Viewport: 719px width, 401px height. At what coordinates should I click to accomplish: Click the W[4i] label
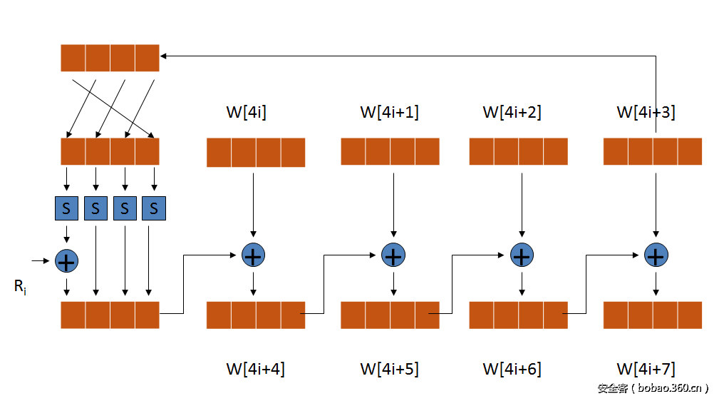pos(247,112)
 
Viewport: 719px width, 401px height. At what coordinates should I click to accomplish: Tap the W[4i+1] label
pos(389,112)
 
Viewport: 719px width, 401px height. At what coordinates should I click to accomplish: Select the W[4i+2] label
pos(512,112)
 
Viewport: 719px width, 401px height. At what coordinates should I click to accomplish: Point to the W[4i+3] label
pos(646,112)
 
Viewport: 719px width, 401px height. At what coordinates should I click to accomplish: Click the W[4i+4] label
pos(256,369)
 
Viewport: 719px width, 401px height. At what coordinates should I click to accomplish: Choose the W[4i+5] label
pos(389,369)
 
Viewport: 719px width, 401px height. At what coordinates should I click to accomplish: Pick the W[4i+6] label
pos(512,369)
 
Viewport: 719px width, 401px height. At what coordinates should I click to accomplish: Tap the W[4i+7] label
pos(646,369)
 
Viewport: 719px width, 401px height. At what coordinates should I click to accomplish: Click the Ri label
pos(20,288)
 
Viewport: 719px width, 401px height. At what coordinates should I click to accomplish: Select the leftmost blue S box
pos(66,208)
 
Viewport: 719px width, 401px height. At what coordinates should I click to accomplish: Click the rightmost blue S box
pos(153,208)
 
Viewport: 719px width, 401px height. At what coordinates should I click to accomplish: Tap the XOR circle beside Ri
pos(66,261)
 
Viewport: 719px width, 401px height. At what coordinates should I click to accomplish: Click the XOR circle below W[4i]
pos(254,255)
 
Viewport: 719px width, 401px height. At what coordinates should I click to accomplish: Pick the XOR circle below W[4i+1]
pos(393,255)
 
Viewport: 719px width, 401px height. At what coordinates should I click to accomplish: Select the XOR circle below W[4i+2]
pos(522,255)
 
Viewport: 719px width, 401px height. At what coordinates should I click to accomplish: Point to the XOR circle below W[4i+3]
pos(656,255)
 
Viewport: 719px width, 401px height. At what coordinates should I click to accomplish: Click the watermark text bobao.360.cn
pos(653,388)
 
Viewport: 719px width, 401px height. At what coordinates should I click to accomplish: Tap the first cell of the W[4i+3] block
pos(616,151)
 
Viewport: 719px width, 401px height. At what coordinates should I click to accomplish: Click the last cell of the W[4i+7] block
pos(690,315)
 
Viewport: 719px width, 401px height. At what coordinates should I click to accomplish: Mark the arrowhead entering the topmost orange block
pos(164,55)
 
